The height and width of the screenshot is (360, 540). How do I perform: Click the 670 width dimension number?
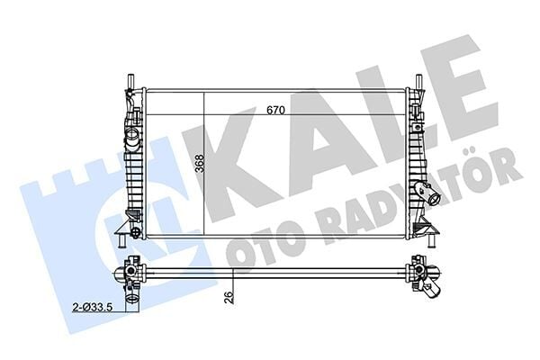275,111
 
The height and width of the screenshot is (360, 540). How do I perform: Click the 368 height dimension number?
197,163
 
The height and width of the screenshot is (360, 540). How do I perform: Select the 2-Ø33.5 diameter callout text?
94,307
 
